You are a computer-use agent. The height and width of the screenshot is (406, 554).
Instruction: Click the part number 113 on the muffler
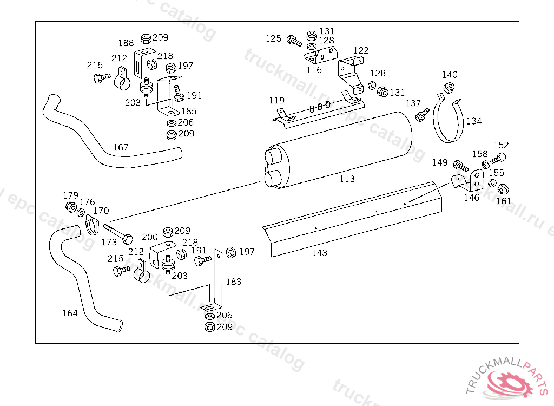(x=347, y=179)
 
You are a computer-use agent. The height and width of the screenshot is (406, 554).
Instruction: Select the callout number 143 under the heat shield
(x=319, y=253)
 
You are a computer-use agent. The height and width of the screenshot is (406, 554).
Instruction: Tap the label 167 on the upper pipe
(x=121, y=147)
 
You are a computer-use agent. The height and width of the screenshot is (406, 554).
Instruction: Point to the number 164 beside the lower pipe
(x=70, y=313)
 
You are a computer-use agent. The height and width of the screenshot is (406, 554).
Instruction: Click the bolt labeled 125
(x=294, y=40)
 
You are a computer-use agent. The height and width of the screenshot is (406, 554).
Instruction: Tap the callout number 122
(x=361, y=50)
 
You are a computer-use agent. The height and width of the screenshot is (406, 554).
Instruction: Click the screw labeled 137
(x=421, y=114)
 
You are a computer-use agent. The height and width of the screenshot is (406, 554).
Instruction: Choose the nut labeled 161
(x=503, y=189)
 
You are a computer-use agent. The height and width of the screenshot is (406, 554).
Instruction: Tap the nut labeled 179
(x=70, y=207)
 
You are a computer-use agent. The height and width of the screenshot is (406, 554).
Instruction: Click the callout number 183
(x=233, y=281)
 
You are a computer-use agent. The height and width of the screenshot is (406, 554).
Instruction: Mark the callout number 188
(x=126, y=43)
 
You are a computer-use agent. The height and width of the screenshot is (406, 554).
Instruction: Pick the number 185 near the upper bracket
(x=189, y=111)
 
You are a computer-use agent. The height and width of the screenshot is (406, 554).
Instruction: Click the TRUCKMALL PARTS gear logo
(x=509, y=382)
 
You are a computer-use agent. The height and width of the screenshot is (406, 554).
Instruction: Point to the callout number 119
(x=276, y=101)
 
